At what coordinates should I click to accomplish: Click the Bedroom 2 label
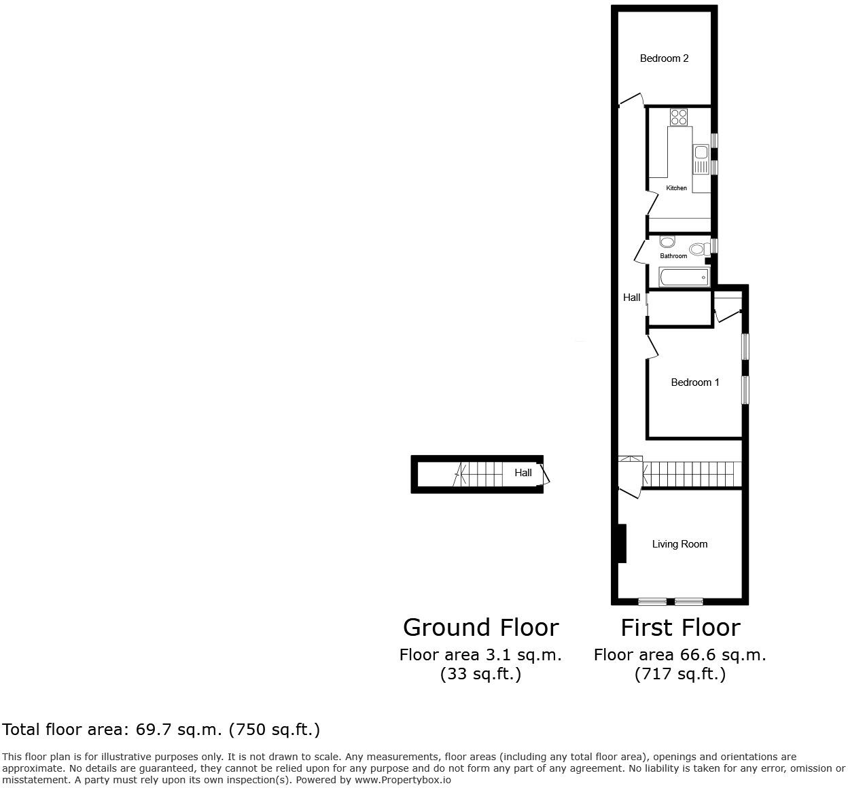click(x=664, y=58)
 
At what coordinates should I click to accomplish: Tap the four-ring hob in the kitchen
click(x=679, y=117)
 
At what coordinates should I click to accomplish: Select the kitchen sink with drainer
click(x=701, y=159)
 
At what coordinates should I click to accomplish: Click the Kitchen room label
click(x=676, y=188)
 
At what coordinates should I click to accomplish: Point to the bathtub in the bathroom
click(x=684, y=277)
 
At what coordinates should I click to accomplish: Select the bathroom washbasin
click(x=667, y=242)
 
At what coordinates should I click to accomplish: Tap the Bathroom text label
click(x=673, y=256)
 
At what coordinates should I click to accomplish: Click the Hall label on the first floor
click(x=632, y=298)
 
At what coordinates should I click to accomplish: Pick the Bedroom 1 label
click(x=694, y=382)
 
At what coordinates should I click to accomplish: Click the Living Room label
click(x=679, y=544)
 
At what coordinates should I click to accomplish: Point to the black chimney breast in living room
click(x=621, y=543)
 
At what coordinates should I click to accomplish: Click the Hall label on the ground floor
click(x=523, y=473)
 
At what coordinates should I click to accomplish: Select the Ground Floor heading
click(x=480, y=627)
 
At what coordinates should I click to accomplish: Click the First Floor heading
click(x=680, y=627)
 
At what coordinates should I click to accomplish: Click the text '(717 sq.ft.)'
click(x=680, y=674)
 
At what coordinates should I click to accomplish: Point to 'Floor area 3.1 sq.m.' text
click(x=480, y=655)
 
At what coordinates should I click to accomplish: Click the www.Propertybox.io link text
click(x=402, y=780)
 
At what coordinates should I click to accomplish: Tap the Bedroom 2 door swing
click(x=632, y=100)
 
